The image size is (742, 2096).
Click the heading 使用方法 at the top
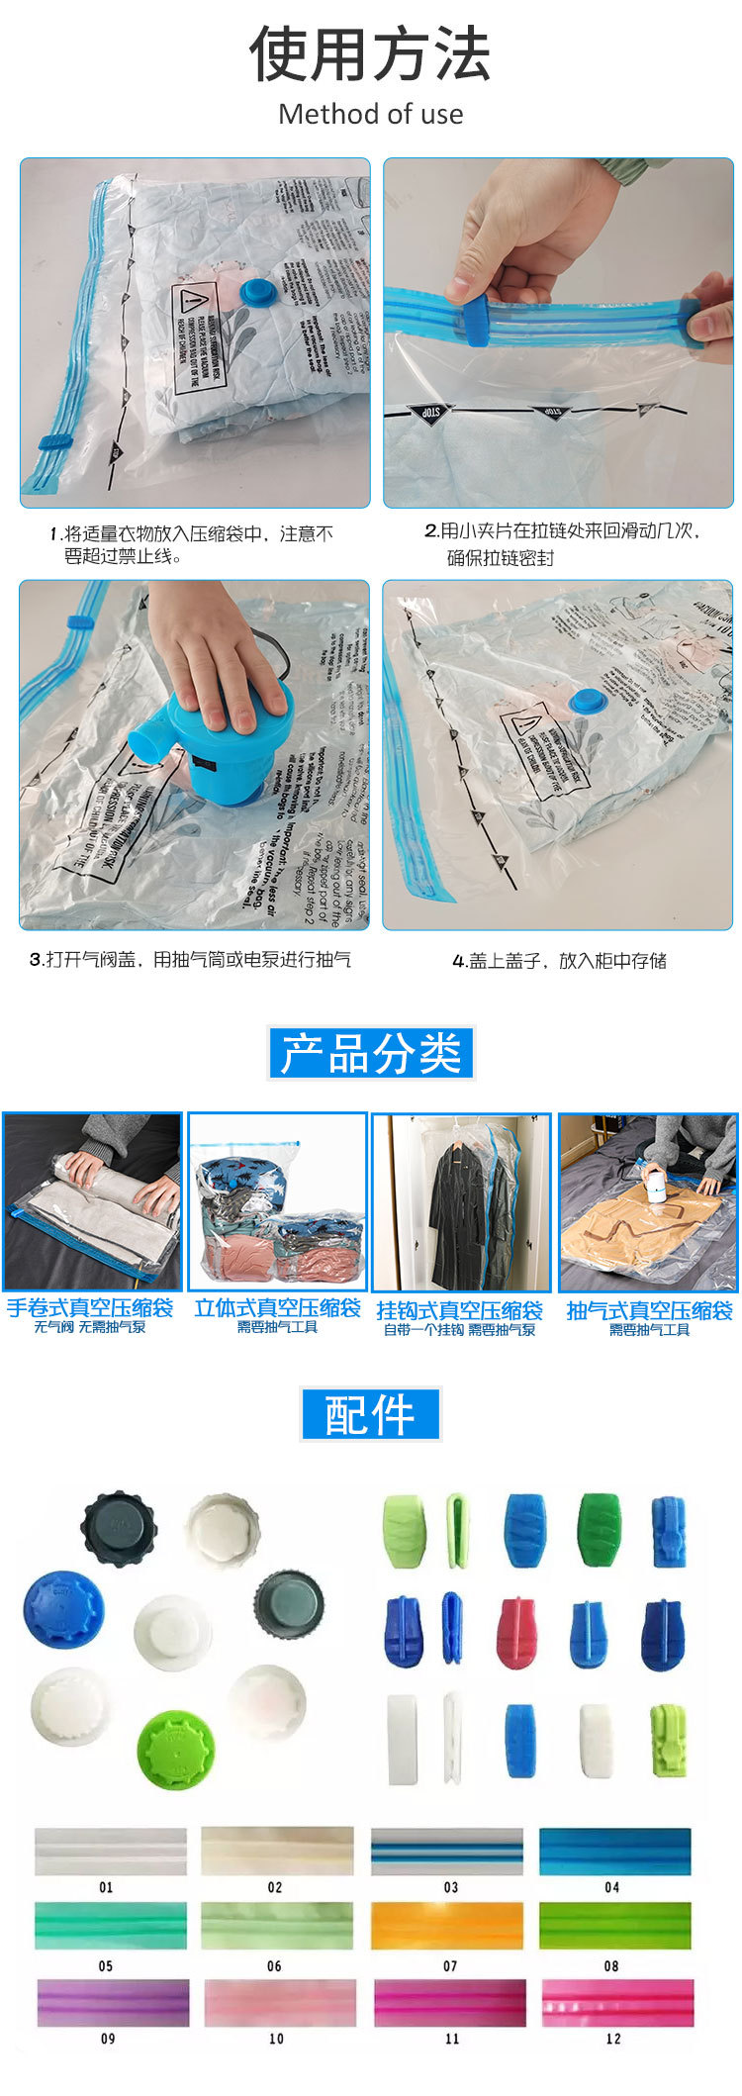click(x=370, y=54)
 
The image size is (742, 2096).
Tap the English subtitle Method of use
click(x=370, y=114)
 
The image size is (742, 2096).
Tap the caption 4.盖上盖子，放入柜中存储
click(x=559, y=960)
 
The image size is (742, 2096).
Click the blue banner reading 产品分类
click(x=371, y=1053)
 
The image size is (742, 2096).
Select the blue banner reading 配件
click(x=370, y=1414)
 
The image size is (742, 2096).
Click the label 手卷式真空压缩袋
click(x=90, y=1308)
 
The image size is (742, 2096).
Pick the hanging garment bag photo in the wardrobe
click(x=461, y=1202)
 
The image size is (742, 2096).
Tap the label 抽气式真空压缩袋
click(x=649, y=1310)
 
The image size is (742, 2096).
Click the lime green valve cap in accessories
click(x=173, y=1748)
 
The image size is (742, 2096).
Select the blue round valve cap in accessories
click(x=61, y=1609)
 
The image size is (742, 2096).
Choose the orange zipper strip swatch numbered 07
click(x=447, y=1925)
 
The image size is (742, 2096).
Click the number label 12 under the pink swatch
click(x=613, y=2039)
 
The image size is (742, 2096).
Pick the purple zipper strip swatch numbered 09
click(x=113, y=2002)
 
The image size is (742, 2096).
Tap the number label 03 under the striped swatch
click(x=450, y=1887)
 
